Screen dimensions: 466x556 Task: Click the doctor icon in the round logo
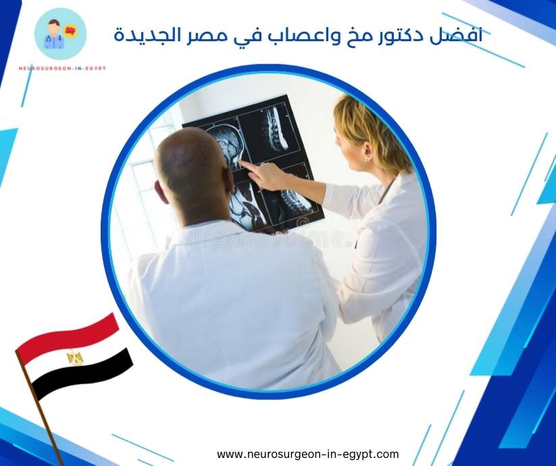pyautogui.click(x=53, y=34)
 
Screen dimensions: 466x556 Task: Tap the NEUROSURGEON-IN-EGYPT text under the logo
pyautogui.click(x=62, y=68)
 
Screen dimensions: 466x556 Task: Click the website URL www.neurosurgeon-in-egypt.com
pyautogui.click(x=307, y=454)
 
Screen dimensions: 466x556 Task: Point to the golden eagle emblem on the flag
pyautogui.click(x=75, y=357)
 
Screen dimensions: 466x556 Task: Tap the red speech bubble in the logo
pyautogui.click(x=68, y=31)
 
